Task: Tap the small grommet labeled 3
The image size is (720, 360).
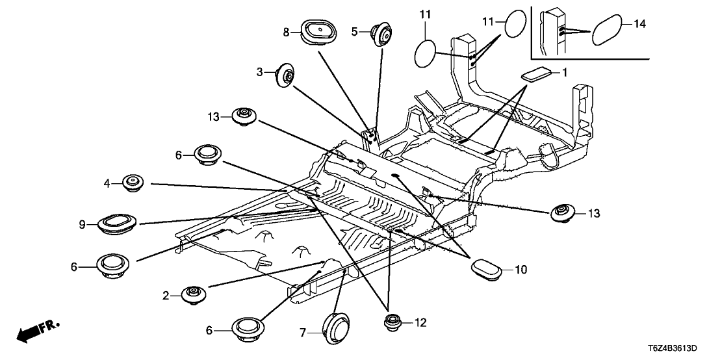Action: (284, 75)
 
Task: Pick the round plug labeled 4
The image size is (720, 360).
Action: (133, 183)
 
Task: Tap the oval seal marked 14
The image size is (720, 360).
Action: (609, 30)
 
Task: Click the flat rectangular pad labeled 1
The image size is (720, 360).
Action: (538, 73)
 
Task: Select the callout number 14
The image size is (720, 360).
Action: (639, 25)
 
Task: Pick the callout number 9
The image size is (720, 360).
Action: (83, 225)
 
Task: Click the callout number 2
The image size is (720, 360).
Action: (166, 296)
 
